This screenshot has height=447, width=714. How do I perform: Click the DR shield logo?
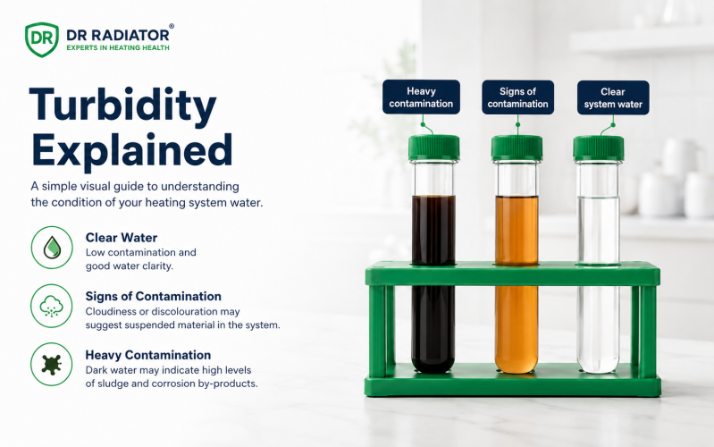point(42,39)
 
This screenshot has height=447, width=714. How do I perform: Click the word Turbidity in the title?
point(123,105)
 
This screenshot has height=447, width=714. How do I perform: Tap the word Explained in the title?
point(132,150)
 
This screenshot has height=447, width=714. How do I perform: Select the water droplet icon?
point(52,248)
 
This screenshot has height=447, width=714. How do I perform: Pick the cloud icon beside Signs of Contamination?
point(52,306)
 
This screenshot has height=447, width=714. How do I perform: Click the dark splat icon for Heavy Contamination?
point(52,365)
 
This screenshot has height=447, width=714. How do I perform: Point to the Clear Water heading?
point(122,238)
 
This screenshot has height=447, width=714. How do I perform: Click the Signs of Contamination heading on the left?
point(154,296)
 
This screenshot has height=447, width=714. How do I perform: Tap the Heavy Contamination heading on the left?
point(148,355)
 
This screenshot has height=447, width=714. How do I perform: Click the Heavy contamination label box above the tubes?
point(421,97)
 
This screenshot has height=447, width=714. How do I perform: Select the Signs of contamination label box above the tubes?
point(517,97)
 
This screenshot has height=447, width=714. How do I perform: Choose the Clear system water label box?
point(613,97)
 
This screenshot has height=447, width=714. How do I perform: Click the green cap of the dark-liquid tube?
point(434,148)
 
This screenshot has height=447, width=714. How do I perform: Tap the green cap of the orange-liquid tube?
point(517,148)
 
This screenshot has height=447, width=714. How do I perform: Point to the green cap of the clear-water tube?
point(599,148)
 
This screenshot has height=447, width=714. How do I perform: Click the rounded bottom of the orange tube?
point(517,365)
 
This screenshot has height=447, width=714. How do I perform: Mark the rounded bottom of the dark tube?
point(433,365)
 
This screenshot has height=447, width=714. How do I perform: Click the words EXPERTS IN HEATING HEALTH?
point(118,47)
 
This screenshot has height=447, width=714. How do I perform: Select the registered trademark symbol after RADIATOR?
point(172,27)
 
